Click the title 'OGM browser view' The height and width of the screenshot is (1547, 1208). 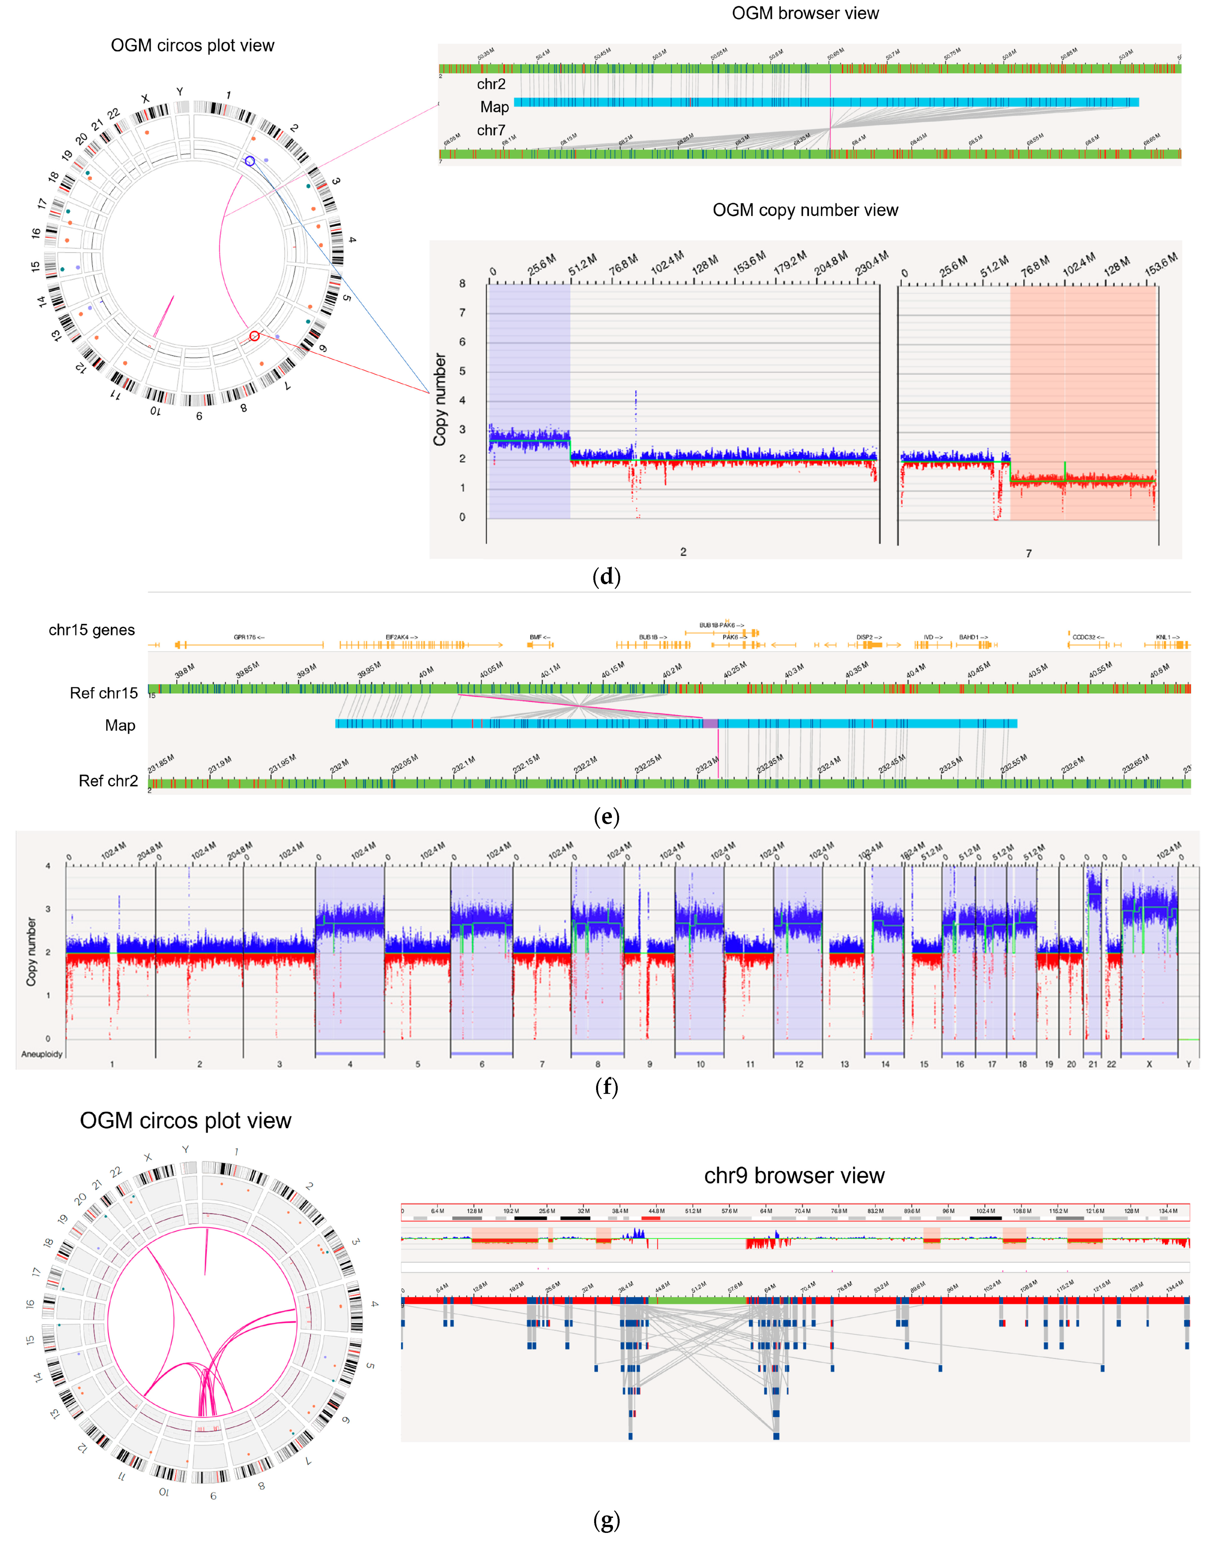point(805,14)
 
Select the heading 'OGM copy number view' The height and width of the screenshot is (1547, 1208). point(805,210)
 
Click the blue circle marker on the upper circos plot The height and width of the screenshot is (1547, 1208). point(250,162)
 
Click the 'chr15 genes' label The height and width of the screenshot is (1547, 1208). point(91,630)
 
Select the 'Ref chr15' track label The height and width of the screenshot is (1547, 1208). point(103,693)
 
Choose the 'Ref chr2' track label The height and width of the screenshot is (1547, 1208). point(108,781)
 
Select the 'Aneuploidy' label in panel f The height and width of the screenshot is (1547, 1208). point(42,1054)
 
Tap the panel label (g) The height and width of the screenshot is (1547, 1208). point(606,1520)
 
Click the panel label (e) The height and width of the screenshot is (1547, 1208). point(606,817)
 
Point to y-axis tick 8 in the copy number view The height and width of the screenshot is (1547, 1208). point(462,283)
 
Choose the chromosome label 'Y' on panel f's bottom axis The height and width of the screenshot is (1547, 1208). point(1189,1064)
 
